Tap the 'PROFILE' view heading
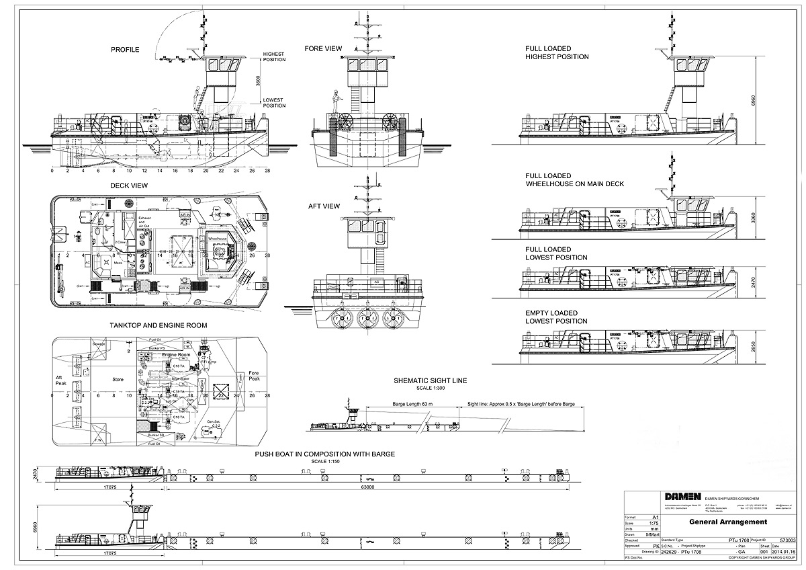click(126, 50)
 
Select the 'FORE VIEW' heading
click(323, 48)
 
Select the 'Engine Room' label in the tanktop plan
click(176, 354)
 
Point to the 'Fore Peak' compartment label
click(254, 376)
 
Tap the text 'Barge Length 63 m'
click(410, 405)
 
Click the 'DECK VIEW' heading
click(129, 186)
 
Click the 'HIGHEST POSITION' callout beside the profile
click(274, 56)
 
